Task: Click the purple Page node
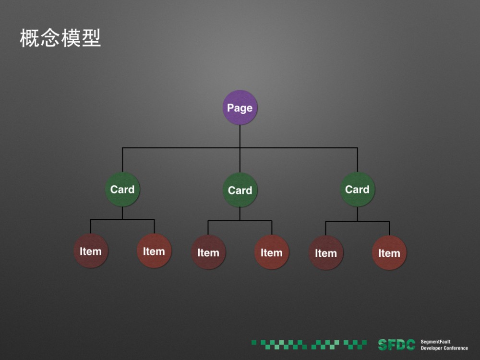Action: [240, 108]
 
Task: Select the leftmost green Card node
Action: [122, 189]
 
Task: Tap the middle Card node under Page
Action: [240, 190]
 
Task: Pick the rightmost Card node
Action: [358, 189]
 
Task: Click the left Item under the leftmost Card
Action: [91, 251]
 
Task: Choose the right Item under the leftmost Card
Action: [154, 251]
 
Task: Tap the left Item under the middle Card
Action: [208, 252]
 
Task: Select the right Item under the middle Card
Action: [272, 252]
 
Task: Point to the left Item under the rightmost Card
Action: [326, 253]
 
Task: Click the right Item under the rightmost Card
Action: [389, 253]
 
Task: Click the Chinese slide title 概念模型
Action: [60, 38]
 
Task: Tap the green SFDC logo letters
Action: [396, 345]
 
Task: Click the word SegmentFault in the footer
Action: [435, 342]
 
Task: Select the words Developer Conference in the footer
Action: [444, 348]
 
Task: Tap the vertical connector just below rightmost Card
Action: [358, 214]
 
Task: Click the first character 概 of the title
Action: [29, 38]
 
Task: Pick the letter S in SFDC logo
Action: [383, 345]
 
